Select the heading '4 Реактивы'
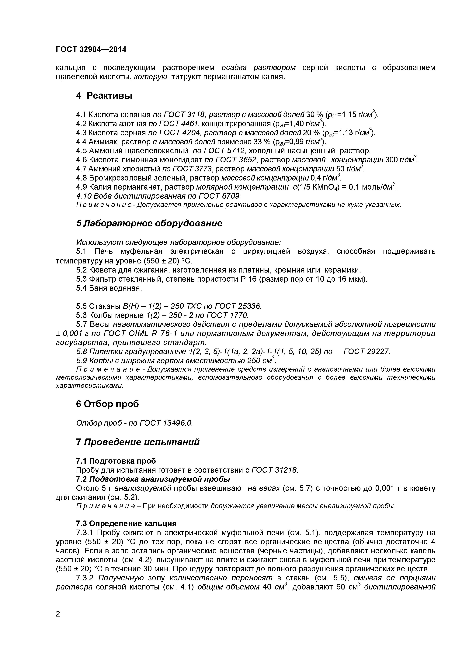(104, 96)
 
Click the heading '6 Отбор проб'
(107, 404)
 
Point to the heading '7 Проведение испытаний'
(137, 442)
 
